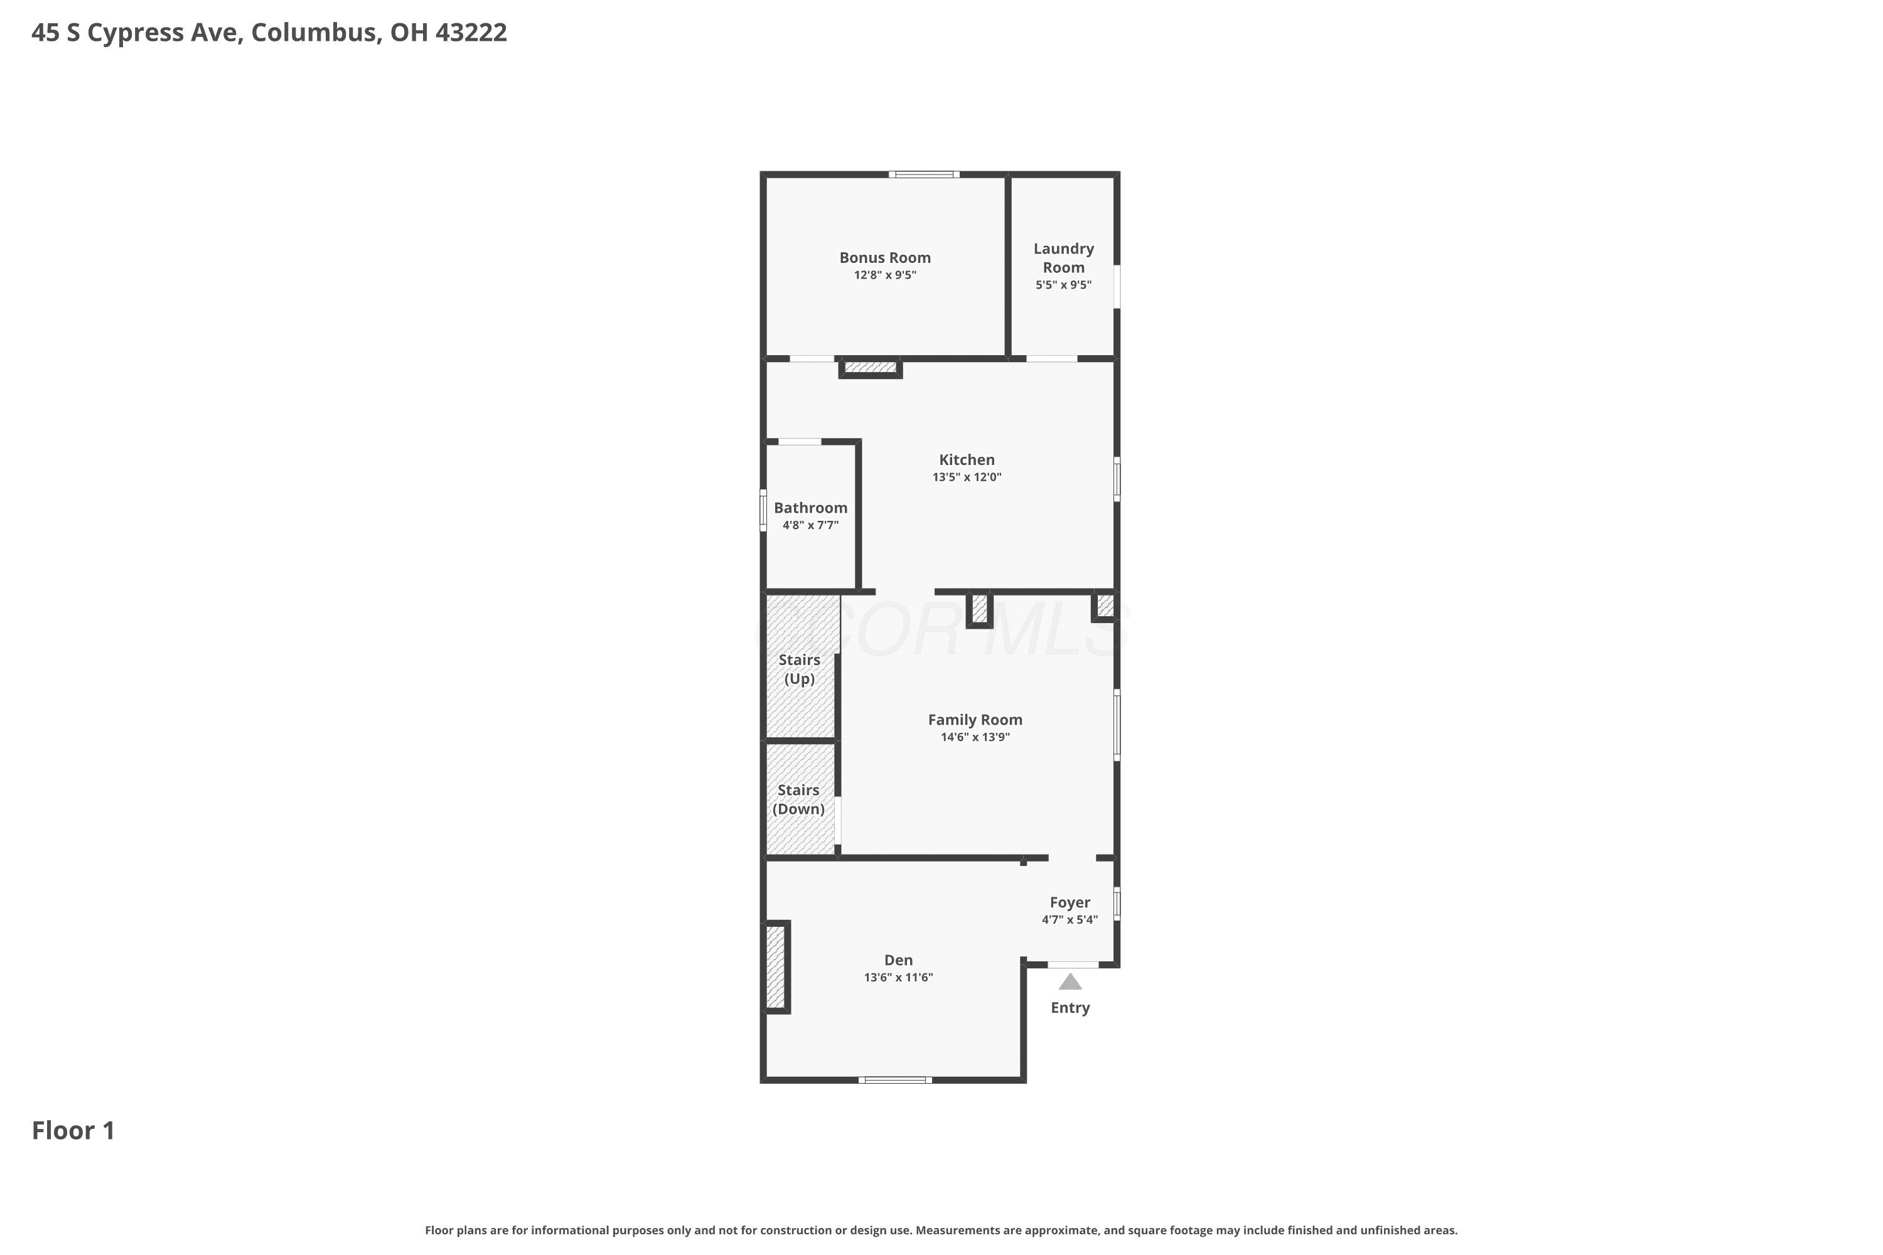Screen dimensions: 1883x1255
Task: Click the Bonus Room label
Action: coord(884,258)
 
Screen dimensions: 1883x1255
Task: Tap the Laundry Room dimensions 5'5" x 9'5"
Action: coord(1063,285)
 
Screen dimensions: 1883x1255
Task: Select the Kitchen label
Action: coord(967,459)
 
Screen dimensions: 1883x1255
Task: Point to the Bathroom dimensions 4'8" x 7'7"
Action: coord(810,525)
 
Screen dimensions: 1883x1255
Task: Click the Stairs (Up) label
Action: coord(800,669)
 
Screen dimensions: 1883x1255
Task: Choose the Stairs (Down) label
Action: coord(798,799)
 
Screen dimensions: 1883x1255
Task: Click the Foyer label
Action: coord(1070,902)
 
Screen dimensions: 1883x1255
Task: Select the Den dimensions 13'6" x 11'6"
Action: coord(898,977)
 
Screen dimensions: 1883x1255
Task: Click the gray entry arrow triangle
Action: coord(1070,982)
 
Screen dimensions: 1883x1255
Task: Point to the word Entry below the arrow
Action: coord(1070,1008)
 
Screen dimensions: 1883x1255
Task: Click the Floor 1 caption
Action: coord(73,1130)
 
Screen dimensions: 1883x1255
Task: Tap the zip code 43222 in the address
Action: coord(471,32)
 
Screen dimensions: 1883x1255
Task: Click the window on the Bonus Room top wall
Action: coord(923,174)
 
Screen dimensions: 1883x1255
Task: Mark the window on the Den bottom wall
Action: coord(895,1080)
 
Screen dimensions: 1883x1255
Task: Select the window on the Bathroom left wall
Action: coord(763,511)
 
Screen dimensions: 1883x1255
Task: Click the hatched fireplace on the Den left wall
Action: coord(776,967)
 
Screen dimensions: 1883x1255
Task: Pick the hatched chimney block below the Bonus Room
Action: coord(870,367)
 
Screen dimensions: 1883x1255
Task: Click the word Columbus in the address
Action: coord(316,32)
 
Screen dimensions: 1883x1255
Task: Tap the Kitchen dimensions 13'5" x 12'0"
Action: coord(967,477)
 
